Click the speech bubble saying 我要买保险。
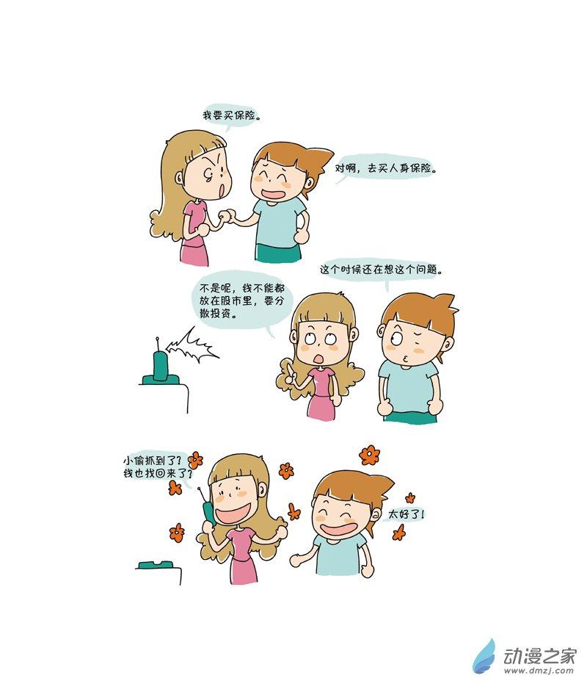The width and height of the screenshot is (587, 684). pos(230,117)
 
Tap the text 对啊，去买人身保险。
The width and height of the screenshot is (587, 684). pos(385,168)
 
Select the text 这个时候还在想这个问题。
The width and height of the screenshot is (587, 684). pos(382,270)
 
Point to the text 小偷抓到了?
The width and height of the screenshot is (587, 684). pos(155,461)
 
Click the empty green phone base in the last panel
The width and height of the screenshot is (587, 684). pos(156,565)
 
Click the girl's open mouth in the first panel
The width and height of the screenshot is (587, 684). pos(222,190)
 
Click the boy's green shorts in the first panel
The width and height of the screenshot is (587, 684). pos(278,253)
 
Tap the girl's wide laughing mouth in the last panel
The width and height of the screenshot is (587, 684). pos(235,513)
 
